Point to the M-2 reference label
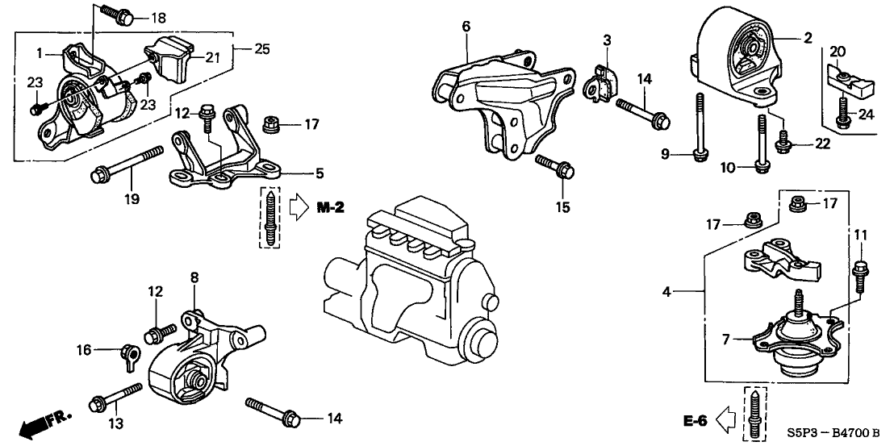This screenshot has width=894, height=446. point(329,207)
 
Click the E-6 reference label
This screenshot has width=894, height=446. point(697,419)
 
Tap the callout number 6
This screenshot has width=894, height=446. point(466,26)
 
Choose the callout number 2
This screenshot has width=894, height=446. point(807,37)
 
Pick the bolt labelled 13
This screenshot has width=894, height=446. point(117,397)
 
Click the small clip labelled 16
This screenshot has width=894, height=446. point(127,353)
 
